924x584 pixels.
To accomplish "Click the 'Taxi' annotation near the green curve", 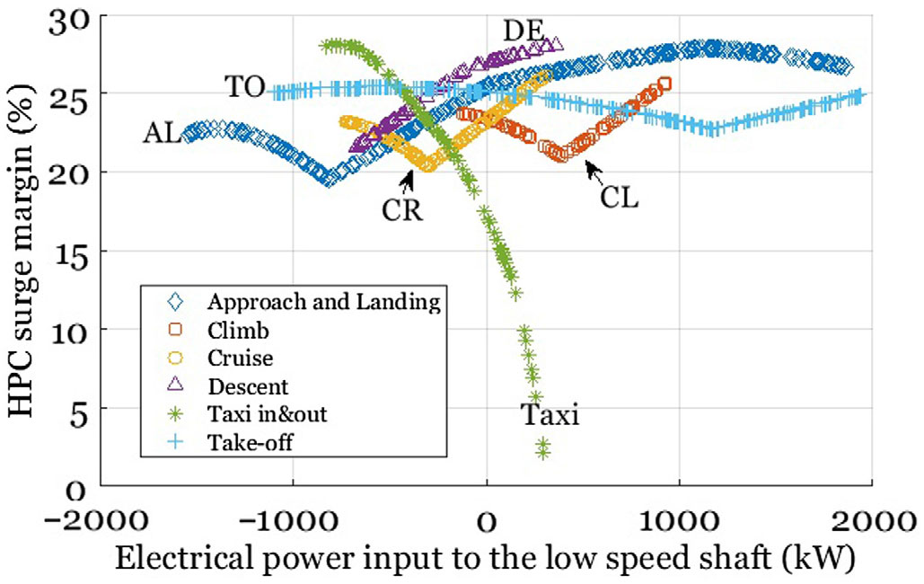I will pyautogui.click(x=550, y=416).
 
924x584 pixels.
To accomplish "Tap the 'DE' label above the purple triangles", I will pyautogui.click(x=523, y=31).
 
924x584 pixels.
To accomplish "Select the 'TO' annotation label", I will pyautogui.click(x=243, y=87).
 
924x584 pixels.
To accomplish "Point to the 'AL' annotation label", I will pyautogui.click(x=162, y=134).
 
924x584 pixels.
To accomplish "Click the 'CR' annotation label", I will pyautogui.click(x=401, y=209).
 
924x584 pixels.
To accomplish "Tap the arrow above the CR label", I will pyautogui.click(x=409, y=181).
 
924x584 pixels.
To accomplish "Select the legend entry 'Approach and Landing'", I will pyautogui.click(x=322, y=301).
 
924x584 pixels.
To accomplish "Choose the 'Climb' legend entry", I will pyautogui.click(x=237, y=330).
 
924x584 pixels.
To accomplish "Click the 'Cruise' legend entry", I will pyautogui.click(x=240, y=358).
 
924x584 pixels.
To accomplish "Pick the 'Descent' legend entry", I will pyautogui.click(x=248, y=386).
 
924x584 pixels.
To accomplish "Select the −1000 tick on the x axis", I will pyautogui.click(x=293, y=519).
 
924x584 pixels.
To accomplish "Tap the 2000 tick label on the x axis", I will pyautogui.click(x=871, y=519).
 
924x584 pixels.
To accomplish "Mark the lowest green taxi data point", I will pyautogui.click(x=542, y=453).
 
